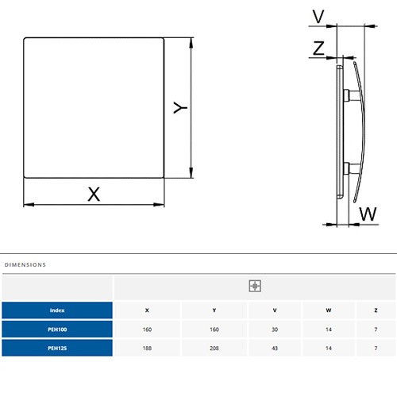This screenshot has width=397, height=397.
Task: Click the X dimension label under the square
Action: [94, 194]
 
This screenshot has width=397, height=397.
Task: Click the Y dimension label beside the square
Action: [180, 107]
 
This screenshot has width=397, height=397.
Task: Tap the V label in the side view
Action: [318, 17]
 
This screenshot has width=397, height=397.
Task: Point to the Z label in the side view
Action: [318, 48]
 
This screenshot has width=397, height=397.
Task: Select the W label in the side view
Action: [368, 214]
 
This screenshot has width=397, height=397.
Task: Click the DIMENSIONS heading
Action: [25, 264]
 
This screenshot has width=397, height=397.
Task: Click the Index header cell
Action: [57, 310]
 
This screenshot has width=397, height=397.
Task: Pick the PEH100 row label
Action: [57, 330]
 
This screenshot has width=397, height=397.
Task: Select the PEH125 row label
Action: [57, 348]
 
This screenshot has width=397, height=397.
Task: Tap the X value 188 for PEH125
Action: [147, 349]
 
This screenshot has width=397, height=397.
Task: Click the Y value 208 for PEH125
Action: [214, 349]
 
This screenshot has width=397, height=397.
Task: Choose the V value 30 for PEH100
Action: [275, 330]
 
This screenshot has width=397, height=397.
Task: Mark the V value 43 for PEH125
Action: [275, 349]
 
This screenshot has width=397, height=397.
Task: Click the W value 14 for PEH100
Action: [329, 330]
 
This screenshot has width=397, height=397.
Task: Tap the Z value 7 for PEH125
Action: [376, 349]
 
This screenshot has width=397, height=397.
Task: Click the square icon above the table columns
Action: [255, 286]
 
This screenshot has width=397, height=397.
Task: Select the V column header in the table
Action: [275, 310]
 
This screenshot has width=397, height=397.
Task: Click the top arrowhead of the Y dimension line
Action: [191, 43]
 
